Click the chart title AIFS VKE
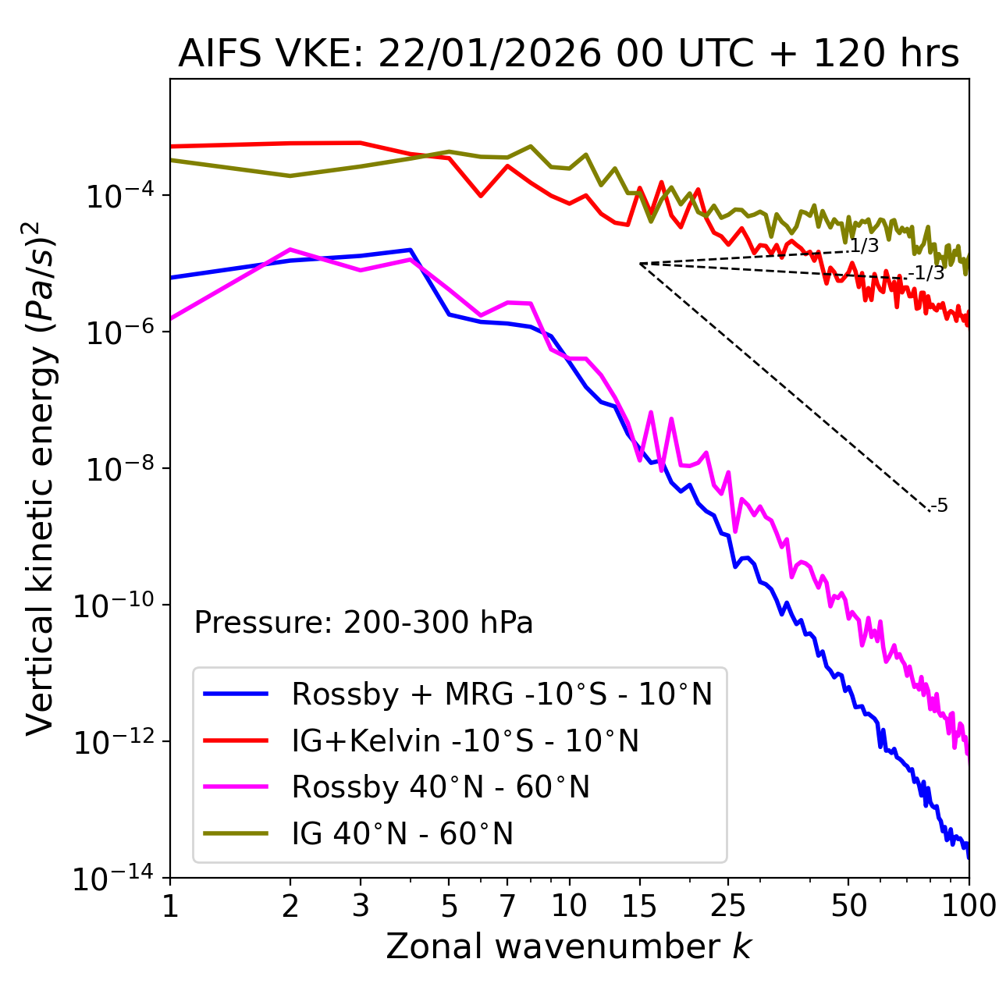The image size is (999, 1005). coord(568,55)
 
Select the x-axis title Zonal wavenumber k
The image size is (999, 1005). coord(568,946)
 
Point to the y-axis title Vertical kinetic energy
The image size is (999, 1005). coord(41,478)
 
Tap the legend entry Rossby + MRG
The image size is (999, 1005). coord(502,694)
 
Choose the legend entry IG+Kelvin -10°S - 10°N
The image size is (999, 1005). coord(465,740)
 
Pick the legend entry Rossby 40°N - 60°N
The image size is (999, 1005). coord(440,787)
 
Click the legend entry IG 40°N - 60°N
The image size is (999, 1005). coord(403,834)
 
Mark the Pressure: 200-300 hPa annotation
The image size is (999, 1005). coord(364,623)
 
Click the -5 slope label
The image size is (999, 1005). coord(939,506)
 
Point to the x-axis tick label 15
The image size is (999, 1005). coord(639,906)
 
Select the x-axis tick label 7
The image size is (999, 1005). coord(507,906)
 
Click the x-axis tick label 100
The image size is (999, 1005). coord(968,906)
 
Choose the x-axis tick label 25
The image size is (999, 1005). coord(728,906)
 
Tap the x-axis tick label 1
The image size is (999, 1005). coord(170,906)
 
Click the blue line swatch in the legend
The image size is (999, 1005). coord(236,694)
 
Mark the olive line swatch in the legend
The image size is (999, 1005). coord(236,834)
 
